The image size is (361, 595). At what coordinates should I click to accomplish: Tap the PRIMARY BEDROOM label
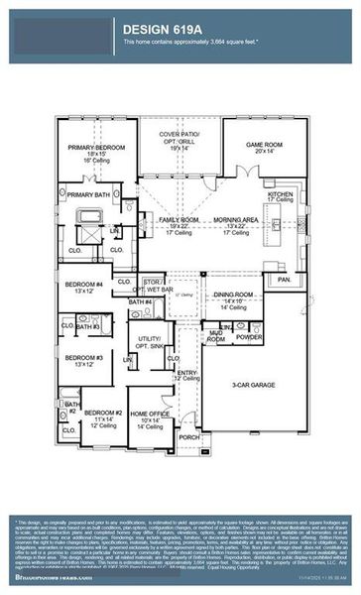click(x=94, y=148)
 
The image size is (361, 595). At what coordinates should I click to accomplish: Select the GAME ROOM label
click(x=266, y=145)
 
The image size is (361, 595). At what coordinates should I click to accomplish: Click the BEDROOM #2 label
click(x=101, y=414)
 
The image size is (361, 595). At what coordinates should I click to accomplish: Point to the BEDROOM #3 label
click(x=84, y=358)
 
